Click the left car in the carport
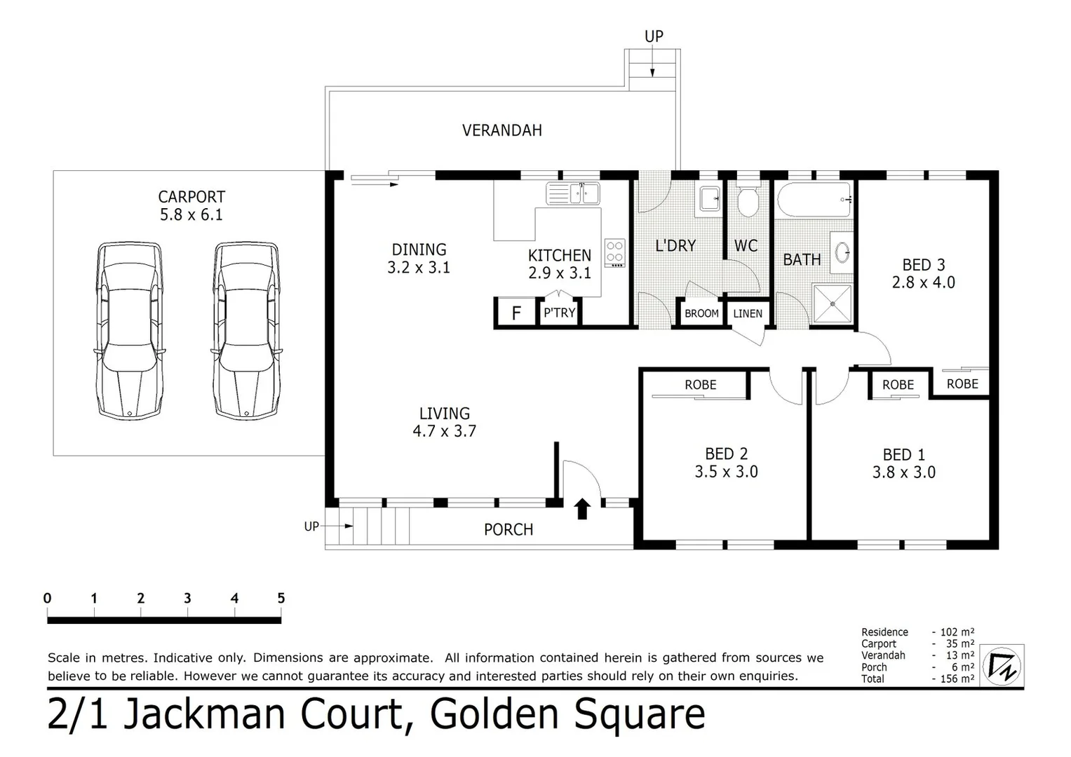(x=130, y=331)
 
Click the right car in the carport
(x=247, y=331)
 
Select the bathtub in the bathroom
(x=814, y=200)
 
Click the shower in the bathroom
(x=833, y=304)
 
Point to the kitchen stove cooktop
(x=615, y=253)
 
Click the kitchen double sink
(x=572, y=193)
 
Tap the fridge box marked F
(x=516, y=313)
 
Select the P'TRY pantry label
(x=559, y=313)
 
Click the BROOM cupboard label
(x=701, y=313)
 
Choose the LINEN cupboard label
(x=748, y=313)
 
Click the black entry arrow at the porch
(x=582, y=509)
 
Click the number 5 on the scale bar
(x=281, y=598)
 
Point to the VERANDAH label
(x=501, y=130)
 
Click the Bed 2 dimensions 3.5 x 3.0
(x=726, y=472)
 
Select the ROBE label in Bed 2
(x=700, y=385)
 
